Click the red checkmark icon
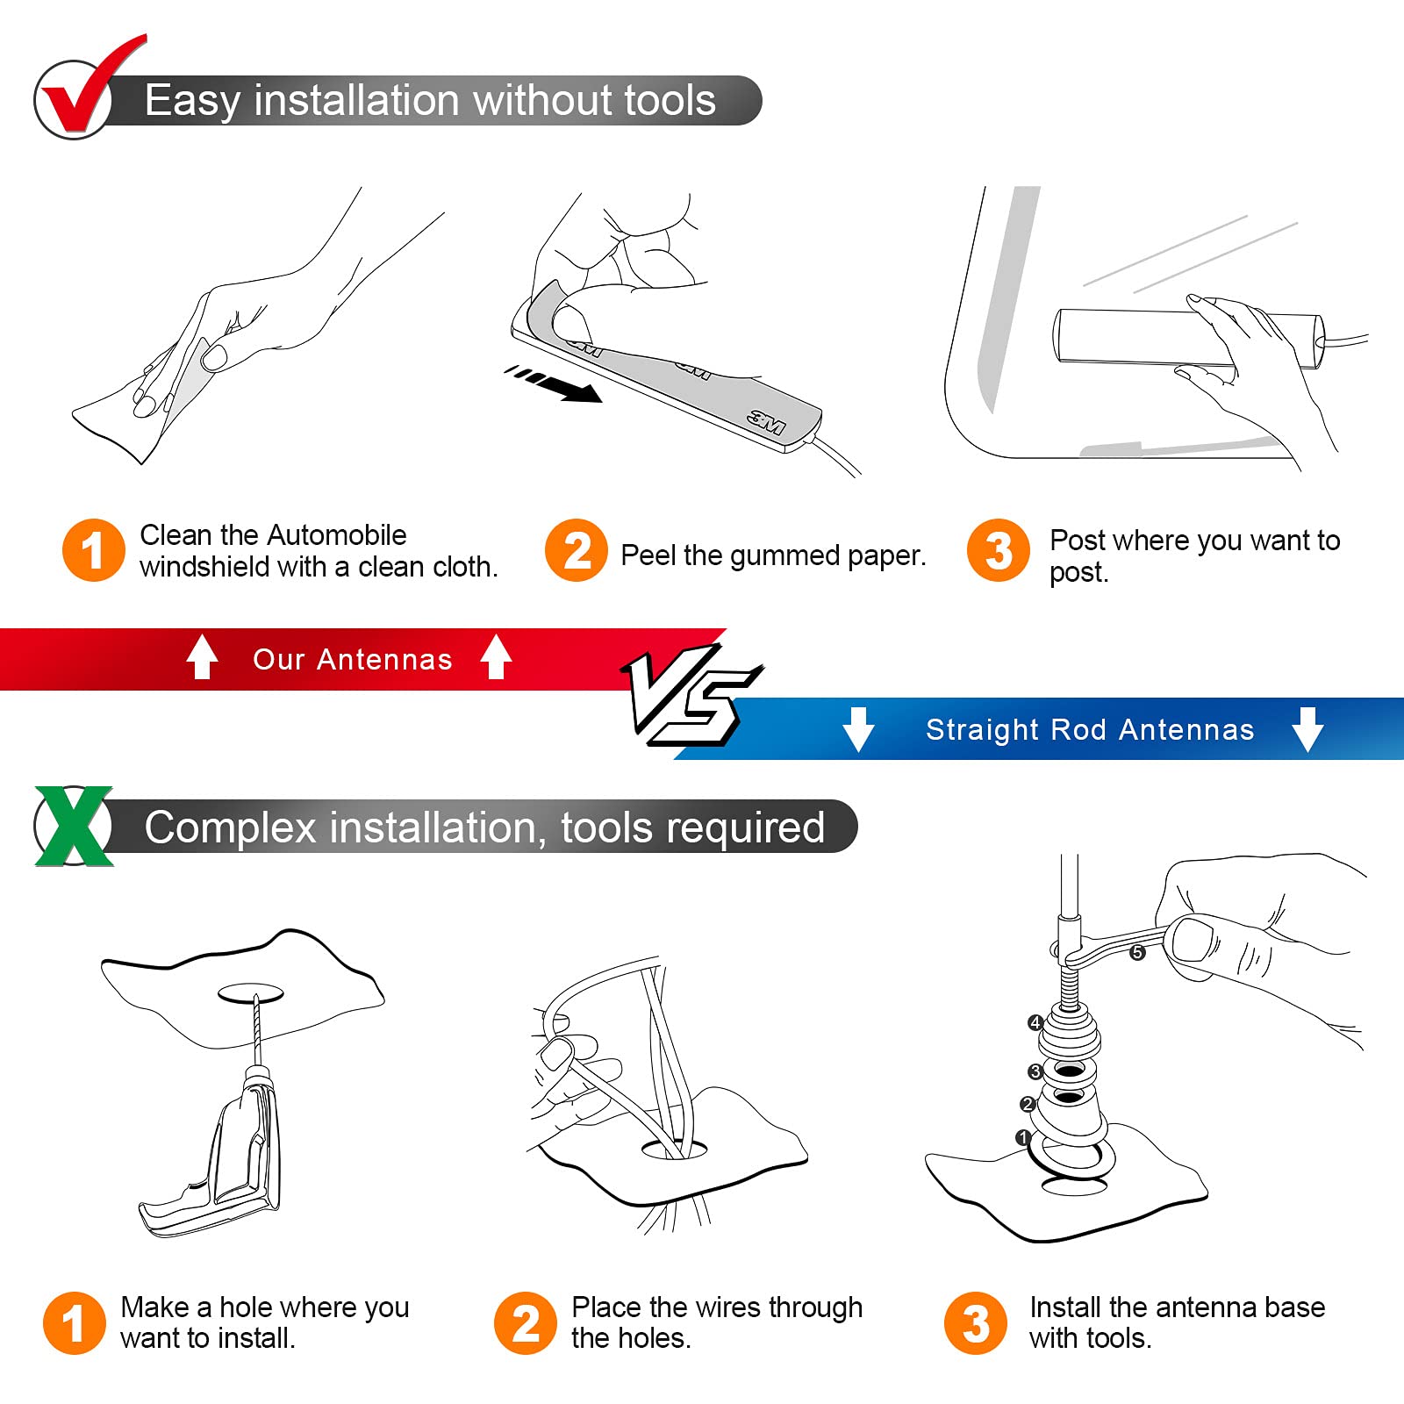pos(88,88)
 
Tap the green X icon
pos(75,826)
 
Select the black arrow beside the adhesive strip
pos(554,384)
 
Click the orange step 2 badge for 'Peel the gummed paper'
pos(577,551)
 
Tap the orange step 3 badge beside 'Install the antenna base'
pos(976,1322)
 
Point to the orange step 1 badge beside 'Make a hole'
pos(75,1322)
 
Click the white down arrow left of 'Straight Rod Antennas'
pos(858,729)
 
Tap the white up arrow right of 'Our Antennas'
pos(496,656)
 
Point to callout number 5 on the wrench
pos(1137,952)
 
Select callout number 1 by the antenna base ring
pos(1022,1137)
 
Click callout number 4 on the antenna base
pos(1035,1022)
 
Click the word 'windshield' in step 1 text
pos(204,567)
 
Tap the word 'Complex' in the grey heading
pos(230,828)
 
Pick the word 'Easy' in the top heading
pos(192,101)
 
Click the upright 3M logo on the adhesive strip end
pos(767,422)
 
